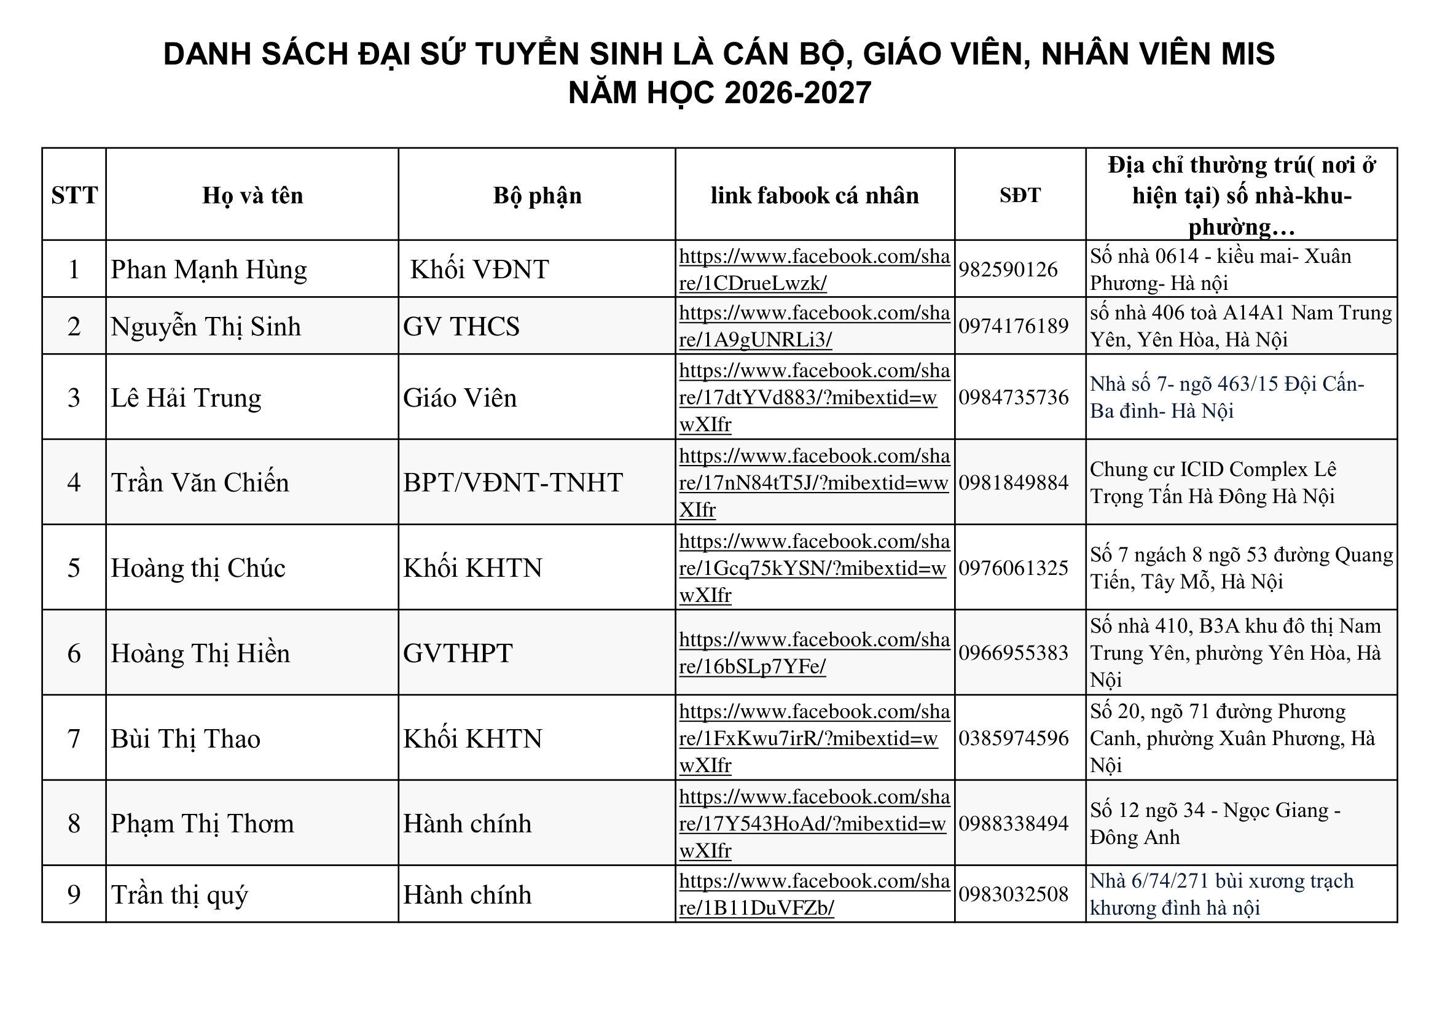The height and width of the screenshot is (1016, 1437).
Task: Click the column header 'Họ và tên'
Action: tap(253, 196)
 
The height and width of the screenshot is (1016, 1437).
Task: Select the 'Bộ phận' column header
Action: tap(537, 196)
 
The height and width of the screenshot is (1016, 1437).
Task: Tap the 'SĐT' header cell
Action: tap(1020, 196)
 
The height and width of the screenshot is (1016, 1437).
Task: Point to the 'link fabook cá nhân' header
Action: tap(814, 196)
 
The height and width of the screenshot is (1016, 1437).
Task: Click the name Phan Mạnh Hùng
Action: tap(208, 270)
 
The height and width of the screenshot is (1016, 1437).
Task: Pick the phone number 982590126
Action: tap(1008, 270)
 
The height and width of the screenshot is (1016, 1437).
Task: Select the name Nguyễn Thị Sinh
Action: tap(205, 327)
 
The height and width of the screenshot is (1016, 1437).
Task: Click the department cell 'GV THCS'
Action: tap(461, 327)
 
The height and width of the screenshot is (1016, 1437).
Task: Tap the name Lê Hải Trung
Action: tap(186, 398)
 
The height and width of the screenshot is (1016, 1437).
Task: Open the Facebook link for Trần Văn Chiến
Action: tap(813, 483)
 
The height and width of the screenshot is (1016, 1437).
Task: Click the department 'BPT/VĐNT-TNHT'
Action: tap(512, 483)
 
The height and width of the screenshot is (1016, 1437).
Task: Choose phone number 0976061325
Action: tap(1013, 568)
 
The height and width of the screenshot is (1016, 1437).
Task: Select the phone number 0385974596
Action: tap(1013, 738)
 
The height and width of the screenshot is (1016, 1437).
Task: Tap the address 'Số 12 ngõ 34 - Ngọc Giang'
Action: tap(1214, 811)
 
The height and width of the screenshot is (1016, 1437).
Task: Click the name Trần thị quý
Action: tap(179, 894)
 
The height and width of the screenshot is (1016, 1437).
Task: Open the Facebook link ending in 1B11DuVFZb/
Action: tap(813, 894)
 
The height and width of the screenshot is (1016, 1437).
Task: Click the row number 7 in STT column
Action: tap(74, 739)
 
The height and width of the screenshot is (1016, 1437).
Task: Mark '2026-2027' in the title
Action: tap(797, 93)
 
